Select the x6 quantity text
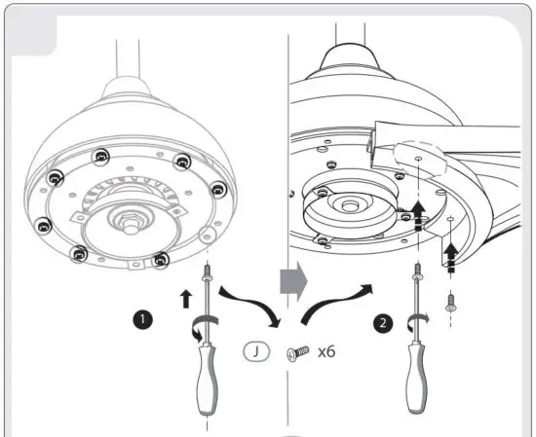[325, 351]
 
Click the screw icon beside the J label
[295, 352]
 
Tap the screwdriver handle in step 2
[422, 375]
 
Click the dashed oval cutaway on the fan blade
[417, 162]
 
